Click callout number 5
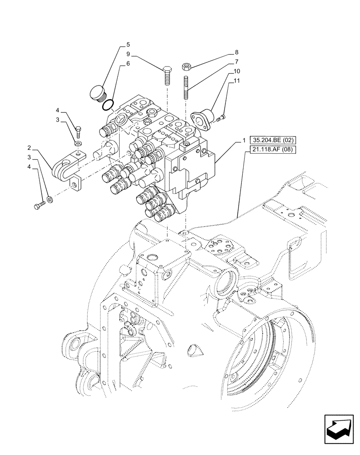(128, 45)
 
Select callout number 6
(128, 64)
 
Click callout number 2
(29, 148)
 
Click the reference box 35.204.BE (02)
(271, 142)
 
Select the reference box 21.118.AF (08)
(271, 151)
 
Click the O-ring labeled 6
(108, 106)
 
